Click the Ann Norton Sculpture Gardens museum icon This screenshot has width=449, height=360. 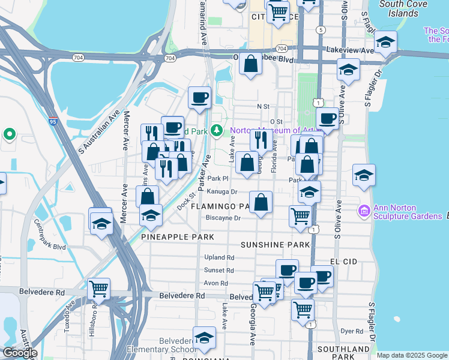tap(364, 211)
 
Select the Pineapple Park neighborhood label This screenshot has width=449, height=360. tap(177, 238)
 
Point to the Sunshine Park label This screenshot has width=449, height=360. tap(276, 245)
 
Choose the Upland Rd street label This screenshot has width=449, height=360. tap(218, 257)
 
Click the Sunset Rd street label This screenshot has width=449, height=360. tap(218, 271)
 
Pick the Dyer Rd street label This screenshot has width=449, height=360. tap(352, 331)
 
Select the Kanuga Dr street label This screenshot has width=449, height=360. tap(222, 192)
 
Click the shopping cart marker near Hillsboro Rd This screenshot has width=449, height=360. tap(98, 289)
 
